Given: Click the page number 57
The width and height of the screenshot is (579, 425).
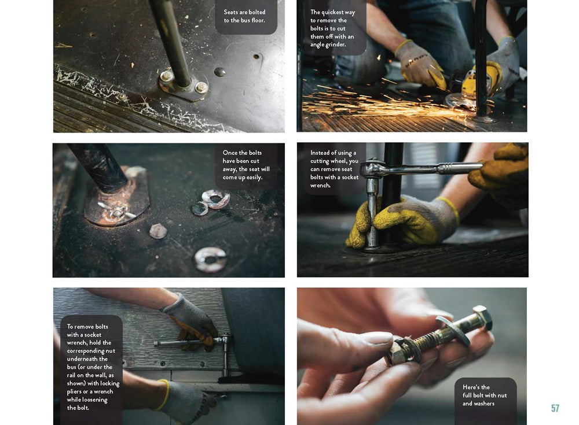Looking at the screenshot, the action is pos(555,408).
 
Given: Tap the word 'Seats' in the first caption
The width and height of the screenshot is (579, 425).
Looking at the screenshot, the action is pos(231,12).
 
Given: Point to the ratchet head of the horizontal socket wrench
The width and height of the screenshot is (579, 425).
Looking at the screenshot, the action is pos(371,169).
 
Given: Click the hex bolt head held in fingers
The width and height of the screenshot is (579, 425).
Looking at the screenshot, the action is pos(482,318).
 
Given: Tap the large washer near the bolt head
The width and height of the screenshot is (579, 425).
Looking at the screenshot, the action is pos(453,330).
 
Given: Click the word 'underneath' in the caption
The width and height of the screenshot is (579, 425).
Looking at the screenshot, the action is pos(83,359).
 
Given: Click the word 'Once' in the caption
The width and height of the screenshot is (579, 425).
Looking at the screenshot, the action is pos(230,153).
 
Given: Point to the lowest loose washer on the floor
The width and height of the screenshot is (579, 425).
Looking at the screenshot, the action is pos(210,260).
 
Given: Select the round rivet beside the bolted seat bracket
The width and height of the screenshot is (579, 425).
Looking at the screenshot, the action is pos(219,72).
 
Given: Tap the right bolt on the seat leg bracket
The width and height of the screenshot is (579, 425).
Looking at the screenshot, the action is pos(201,87).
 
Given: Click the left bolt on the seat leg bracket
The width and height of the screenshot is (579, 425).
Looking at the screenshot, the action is pos(166,76).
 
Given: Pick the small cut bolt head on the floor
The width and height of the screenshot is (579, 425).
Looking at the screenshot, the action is pos(158,231).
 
